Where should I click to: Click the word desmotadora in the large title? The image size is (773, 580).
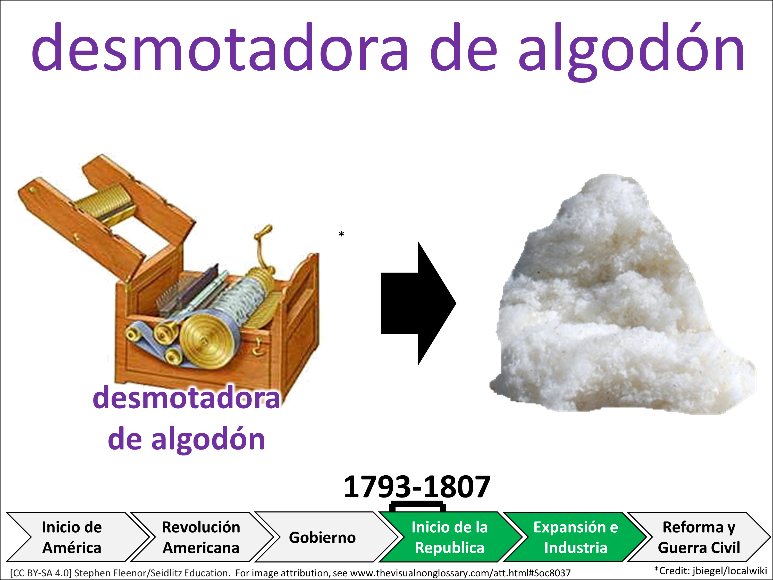click(x=220, y=47)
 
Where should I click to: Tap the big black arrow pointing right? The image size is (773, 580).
click(x=418, y=303)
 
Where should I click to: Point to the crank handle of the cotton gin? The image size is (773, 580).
click(x=263, y=246)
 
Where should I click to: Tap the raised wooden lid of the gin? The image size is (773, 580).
click(x=105, y=213)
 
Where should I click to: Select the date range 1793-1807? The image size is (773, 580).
click(x=417, y=487)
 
